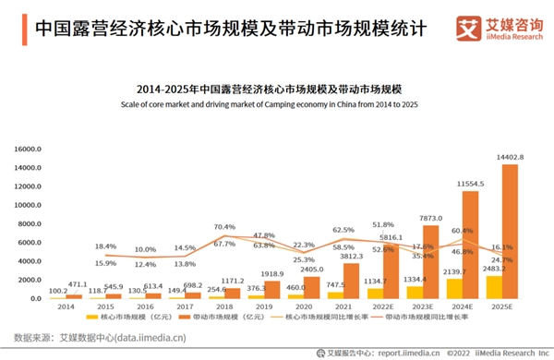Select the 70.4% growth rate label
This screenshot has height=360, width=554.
pos(224,227)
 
